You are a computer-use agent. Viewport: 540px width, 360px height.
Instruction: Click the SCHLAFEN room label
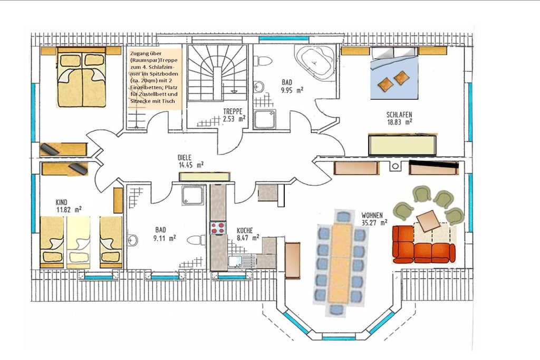click(x=399, y=114)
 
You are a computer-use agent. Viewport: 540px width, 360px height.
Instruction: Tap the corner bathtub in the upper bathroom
click(x=314, y=62)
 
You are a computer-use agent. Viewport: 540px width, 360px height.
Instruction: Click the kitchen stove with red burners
click(x=218, y=228)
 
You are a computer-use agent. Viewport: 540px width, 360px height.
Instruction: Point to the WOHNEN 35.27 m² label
click(x=374, y=219)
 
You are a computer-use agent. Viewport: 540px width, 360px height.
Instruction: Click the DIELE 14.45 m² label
click(x=190, y=161)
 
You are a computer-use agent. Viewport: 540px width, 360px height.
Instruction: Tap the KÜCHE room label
click(x=245, y=230)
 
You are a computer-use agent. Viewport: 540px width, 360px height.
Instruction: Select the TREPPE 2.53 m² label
click(x=234, y=115)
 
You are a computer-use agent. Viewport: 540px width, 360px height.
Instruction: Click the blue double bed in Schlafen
click(x=394, y=73)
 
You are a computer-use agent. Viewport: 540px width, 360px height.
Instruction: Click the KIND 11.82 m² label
click(x=69, y=206)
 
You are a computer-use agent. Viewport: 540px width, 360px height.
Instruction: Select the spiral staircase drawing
click(x=217, y=73)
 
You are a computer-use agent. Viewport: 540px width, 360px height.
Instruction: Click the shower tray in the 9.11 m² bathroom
click(x=193, y=195)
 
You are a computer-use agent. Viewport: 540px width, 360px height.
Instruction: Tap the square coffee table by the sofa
click(x=428, y=221)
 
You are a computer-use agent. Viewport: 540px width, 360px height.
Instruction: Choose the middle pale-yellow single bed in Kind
click(x=78, y=242)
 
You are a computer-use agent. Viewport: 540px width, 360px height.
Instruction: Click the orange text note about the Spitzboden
click(x=155, y=77)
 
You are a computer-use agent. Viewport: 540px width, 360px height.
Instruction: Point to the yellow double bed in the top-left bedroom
click(x=82, y=77)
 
